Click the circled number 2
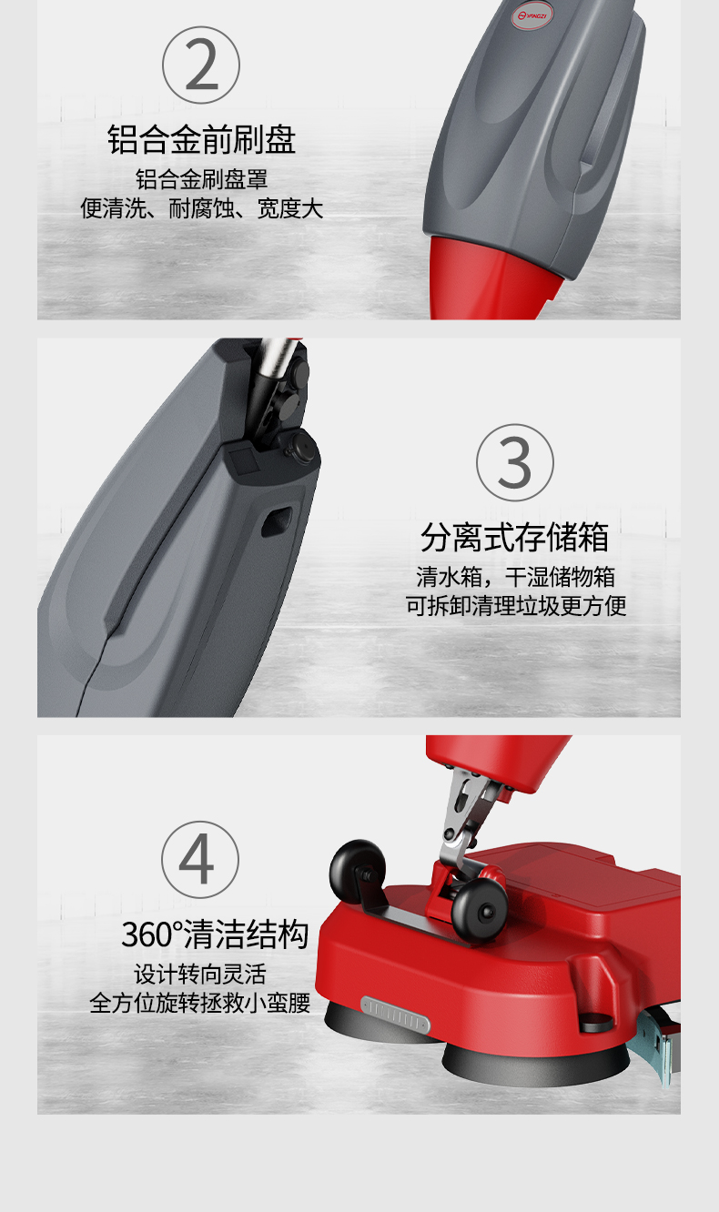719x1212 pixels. coord(201,66)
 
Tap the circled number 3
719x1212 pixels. coord(515,462)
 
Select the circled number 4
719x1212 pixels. coord(200,859)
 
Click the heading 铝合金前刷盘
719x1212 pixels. coord(201,140)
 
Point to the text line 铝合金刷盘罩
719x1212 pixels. coord(201,178)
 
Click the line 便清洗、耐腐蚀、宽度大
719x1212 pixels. coord(201,209)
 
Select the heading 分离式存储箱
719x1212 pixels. coord(515,538)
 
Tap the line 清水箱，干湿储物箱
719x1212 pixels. coord(515,577)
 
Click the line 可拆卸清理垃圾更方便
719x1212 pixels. coord(515,607)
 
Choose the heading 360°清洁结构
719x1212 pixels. coord(216,934)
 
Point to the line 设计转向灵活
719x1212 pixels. coord(200,974)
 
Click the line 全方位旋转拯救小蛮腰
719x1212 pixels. coord(200,1004)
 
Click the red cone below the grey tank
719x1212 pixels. coord(488,278)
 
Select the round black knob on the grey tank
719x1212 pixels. coord(301,448)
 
